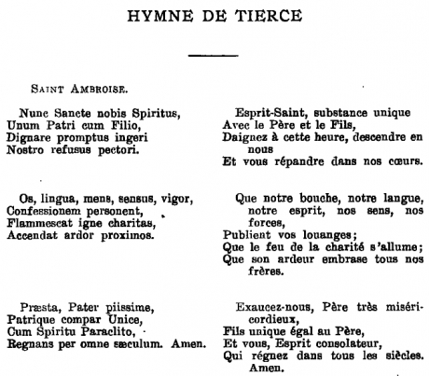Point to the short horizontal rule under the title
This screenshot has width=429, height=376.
coord(214,56)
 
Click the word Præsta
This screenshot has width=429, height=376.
coord(37,306)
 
